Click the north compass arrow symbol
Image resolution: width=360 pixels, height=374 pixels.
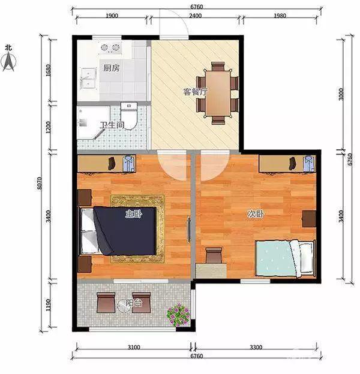9,62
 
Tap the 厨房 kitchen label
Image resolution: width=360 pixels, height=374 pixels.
111,68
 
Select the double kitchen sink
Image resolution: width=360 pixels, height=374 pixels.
89,78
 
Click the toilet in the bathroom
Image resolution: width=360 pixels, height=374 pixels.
129,116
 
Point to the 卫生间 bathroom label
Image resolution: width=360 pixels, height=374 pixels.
112,125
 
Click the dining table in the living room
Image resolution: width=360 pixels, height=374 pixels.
218,93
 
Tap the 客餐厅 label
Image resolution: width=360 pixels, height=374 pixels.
195,92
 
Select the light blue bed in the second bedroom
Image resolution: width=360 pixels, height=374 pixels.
285,258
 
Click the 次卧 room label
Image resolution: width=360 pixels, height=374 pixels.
256,214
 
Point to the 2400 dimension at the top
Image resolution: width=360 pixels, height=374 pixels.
195,16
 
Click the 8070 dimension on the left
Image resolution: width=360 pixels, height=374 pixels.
40,183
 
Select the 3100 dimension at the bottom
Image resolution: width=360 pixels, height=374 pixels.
134,347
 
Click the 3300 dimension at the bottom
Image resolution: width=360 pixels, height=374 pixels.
256,347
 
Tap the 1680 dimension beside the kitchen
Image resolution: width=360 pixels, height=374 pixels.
48,70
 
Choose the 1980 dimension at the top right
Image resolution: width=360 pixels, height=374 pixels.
280,16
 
